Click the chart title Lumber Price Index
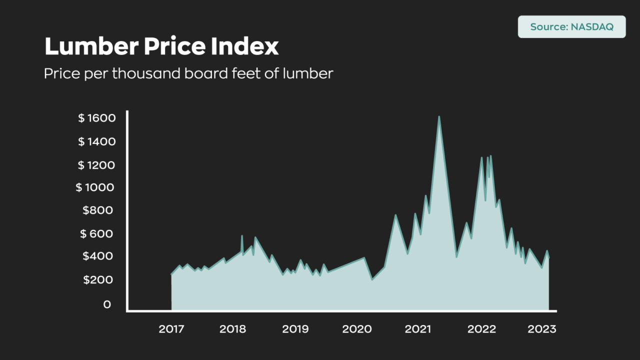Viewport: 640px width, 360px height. [161, 46]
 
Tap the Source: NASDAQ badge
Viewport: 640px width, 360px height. [571, 26]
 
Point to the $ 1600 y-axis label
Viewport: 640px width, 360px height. [97, 118]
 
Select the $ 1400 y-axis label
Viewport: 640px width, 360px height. [97, 142]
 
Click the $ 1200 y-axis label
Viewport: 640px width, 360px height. [97, 165]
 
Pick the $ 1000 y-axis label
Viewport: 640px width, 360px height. [95, 187]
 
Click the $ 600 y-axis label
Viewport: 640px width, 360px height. [97, 233]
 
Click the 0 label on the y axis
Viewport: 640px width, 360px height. [107, 304]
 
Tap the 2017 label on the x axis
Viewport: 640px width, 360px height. [171, 329]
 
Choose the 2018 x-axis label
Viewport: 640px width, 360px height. [232, 329]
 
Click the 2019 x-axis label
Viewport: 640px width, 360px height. [295, 329]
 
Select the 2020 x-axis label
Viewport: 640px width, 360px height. [357, 329]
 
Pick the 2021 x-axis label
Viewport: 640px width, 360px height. [418, 329]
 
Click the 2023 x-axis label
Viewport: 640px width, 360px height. [542, 329]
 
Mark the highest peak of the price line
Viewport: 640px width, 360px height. [439, 117]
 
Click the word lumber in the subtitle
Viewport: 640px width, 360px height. [308, 73]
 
